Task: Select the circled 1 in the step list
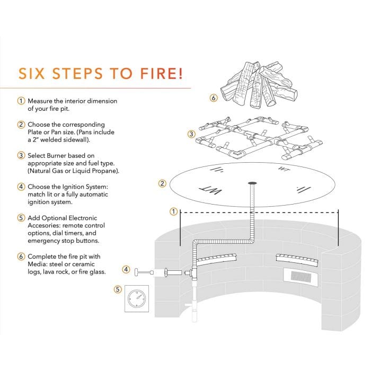click(21, 101)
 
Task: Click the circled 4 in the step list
click(21, 186)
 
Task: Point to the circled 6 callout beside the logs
click(213, 99)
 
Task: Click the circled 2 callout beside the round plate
click(163, 183)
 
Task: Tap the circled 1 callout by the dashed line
click(173, 211)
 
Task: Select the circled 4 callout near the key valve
click(126, 269)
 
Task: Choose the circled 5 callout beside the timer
click(118, 289)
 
